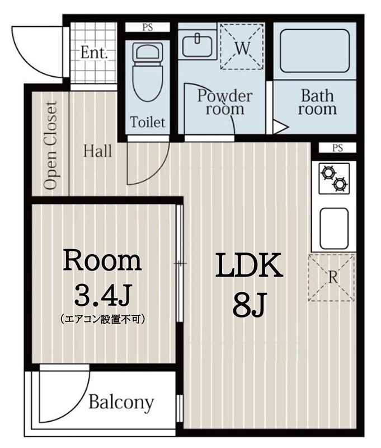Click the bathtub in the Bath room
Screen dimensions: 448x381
coord(314,51)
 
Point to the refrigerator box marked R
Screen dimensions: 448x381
coord(332,277)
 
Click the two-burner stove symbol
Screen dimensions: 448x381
coord(333,176)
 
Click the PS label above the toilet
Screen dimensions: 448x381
coord(147,27)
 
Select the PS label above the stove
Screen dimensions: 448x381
coord(337,148)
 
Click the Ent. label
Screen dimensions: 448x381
coord(94,53)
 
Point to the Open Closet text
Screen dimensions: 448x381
coord(51,146)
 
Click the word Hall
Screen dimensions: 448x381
coord(98,151)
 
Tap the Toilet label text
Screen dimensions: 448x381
coord(148,122)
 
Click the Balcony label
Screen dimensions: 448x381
coord(121,402)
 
